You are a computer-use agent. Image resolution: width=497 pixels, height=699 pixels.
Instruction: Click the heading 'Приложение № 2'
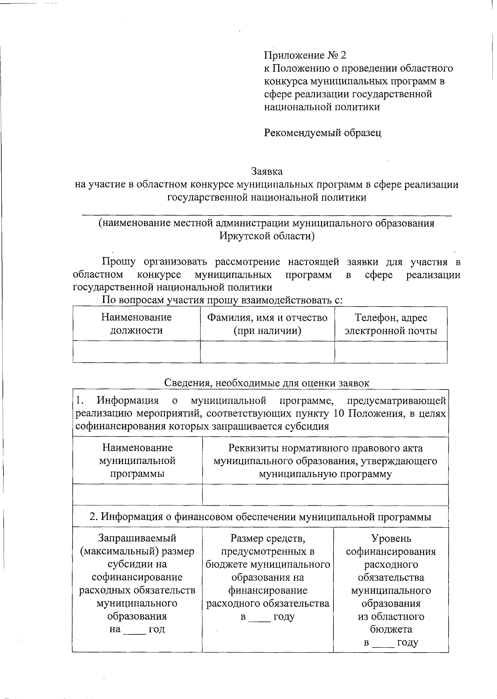[305, 55]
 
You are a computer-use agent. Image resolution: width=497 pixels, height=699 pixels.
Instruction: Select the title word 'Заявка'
[267, 171]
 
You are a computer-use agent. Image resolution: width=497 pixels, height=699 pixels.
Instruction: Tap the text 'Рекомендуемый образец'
[323, 132]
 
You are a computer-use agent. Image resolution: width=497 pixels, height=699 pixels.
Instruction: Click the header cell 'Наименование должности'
[136, 324]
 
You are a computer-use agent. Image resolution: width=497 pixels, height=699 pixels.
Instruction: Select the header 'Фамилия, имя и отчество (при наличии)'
[267, 324]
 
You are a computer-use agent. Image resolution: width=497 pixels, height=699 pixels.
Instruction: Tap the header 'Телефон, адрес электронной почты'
[391, 324]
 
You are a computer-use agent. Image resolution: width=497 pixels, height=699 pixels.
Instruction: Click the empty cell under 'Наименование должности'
[136, 352]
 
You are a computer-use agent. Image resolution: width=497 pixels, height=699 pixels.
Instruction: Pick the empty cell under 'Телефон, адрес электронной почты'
[391, 352]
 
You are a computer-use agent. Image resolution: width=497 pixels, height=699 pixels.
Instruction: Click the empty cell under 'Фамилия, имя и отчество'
[267, 352]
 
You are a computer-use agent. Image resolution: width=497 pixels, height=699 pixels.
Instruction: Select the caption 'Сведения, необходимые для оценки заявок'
[267, 383]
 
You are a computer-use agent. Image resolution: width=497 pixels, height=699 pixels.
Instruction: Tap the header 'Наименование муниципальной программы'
[137, 461]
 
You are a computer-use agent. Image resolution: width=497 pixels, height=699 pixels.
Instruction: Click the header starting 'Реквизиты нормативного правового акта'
[325, 461]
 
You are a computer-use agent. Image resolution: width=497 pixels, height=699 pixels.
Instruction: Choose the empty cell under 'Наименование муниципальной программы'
[137, 495]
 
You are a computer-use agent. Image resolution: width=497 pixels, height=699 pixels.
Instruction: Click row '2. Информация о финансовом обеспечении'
[261, 517]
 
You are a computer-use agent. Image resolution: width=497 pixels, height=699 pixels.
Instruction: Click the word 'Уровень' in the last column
[391, 538]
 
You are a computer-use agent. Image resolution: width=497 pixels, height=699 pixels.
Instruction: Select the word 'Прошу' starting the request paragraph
[118, 262]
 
